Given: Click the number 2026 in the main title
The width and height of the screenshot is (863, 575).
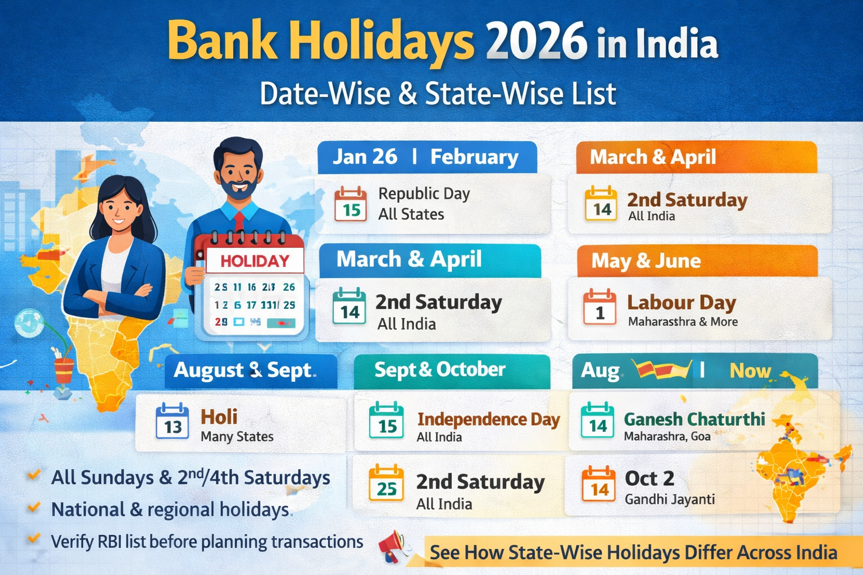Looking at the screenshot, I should pyautogui.click(x=537, y=42).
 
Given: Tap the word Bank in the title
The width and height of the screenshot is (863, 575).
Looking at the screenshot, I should pyautogui.click(x=222, y=42).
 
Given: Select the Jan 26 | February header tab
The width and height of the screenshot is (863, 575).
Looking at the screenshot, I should pyautogui.click(x=426, y=157).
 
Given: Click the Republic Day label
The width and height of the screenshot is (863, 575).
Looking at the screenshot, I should pyautogui.click(x=424, y=194).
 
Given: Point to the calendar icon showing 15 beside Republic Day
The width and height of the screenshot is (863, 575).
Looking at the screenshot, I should pyautogui.click(x=351, y=204).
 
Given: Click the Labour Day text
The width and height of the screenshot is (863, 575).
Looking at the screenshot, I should pyautogui.click(x=682, y=303).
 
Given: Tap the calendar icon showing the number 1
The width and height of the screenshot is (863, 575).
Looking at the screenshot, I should pyautogui.click(x=599, y=307).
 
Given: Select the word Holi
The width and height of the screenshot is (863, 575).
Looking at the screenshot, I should pyautogui.click(x=219, y=417).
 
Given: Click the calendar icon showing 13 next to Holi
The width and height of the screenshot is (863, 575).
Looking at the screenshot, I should pyautogui.click(x=172, y=421).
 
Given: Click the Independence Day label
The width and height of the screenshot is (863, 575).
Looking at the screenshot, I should pyautogui.click(x=488, y=419).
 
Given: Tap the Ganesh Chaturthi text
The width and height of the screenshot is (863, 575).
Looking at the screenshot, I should pyautogui.click(x=694, y=419).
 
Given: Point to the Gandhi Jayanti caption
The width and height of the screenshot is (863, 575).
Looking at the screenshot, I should pyautogui.click(x=670, y=499).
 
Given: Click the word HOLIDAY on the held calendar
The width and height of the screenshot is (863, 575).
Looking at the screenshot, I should pyautogui.click(x=255, y=261).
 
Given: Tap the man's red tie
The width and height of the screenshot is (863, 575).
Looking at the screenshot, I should pyautogui.click(x=239, y=221).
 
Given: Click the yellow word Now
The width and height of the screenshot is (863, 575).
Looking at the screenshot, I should pyautogui.click(x=750, y=371).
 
